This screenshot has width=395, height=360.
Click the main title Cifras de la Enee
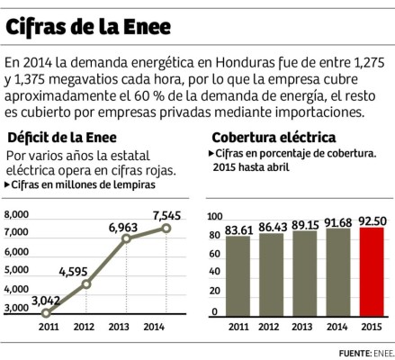89,28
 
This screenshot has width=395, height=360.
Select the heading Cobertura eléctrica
274,138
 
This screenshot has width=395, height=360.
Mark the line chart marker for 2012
85,284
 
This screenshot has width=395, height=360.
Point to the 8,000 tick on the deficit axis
17,214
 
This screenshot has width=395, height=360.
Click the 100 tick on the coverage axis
214,217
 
